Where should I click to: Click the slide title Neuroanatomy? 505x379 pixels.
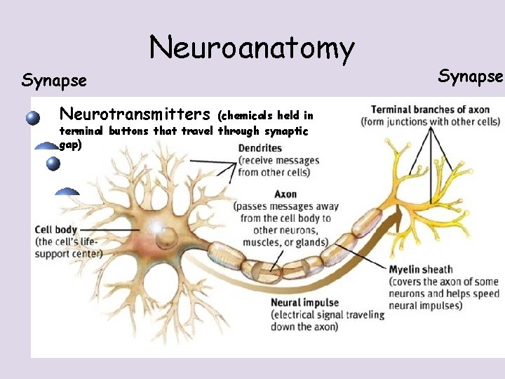coord(252,48)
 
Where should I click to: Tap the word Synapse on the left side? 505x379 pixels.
coord(54,81)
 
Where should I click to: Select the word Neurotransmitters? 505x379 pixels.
coord(135,114)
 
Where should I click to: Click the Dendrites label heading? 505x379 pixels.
coord(260,148)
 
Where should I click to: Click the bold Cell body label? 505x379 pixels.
coord(56,230)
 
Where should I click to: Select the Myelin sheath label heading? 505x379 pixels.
coord(421,270)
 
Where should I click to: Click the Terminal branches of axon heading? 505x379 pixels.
coord(430,109)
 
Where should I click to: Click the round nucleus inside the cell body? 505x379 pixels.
coord(167,239)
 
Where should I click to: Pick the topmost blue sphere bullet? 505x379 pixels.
coord(33,118)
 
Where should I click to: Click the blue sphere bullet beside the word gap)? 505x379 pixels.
coord(52,164)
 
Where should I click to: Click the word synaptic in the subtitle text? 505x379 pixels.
coord(284,131)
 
